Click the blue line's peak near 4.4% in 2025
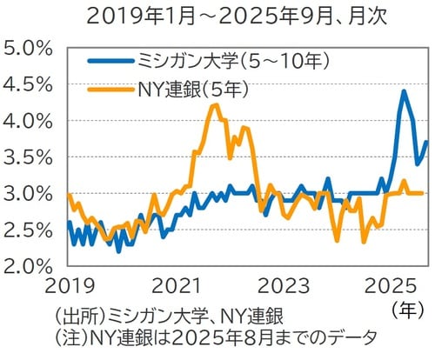[404, 91]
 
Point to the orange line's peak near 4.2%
[215, 105]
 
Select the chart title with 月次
[217, 16]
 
